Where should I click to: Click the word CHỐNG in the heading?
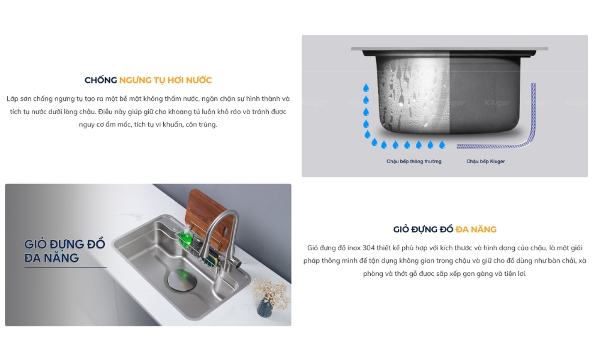[x=101, y=80]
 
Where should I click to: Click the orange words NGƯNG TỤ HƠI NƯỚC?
[x=166, y=80]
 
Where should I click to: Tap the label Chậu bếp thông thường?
[x=413, y=161]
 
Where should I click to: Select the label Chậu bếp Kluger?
[x=485, y=161]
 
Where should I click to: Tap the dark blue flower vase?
[x=265, y=308]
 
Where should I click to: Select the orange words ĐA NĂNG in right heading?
[x=476, y=230]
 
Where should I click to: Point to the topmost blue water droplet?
[x=366, y=88]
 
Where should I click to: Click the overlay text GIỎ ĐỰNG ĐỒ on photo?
[x=65, y=244]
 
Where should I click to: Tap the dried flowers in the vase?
[x=270, y=291]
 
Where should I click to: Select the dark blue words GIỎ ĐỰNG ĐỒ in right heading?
[x=423, y=230]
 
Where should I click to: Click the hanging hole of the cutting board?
[x=225, y=233]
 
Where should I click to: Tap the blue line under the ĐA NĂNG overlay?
[x=66, y=268]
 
